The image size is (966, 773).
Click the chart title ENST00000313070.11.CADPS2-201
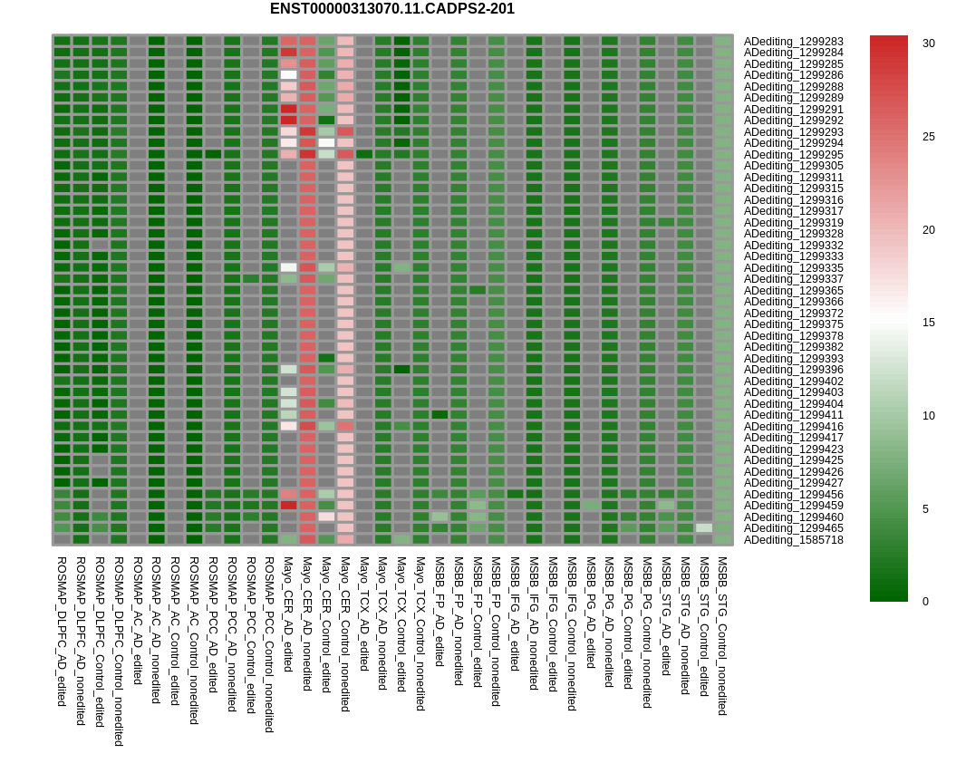pos(391,9)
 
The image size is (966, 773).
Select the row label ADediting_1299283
pos(793,42)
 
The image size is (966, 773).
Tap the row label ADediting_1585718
pos(793,540)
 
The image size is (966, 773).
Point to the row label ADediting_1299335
pos(793,268)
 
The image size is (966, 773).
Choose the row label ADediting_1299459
pos(793,506)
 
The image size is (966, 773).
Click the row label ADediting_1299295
pos(793,155)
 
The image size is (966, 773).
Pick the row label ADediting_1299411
pos(793,415)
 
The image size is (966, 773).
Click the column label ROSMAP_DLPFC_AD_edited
pos(62,632)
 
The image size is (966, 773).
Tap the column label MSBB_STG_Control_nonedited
pos(722,636)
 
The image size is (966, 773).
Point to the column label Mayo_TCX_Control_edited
pos(401,624)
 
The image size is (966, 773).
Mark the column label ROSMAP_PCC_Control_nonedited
pos(269,644)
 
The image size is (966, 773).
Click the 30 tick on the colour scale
pos(928,43)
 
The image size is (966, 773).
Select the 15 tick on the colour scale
pos(928,323)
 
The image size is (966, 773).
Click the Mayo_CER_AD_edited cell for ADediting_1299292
pos(288,121)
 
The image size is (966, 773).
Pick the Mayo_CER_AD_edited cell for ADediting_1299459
pos(288,506)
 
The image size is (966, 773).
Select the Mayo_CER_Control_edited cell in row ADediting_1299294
pos(326,143)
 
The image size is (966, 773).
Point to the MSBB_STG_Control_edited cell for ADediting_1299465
pos(703,528)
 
